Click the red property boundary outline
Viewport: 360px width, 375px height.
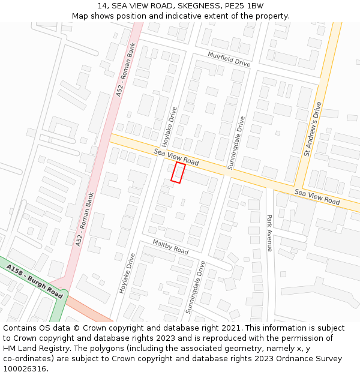(178, 172)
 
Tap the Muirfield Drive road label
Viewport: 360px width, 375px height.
(229, 59)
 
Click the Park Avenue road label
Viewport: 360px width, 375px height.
(269, 233)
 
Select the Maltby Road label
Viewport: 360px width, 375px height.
(170, 247)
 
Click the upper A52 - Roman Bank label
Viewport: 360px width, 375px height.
(127, 70)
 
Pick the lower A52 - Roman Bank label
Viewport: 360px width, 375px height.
(85, 219)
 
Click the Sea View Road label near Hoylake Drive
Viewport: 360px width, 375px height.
(176, 157)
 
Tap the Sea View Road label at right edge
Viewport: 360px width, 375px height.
(317, 197)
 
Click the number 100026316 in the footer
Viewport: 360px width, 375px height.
(25, 368)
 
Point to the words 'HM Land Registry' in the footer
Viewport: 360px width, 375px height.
(34, 348)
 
